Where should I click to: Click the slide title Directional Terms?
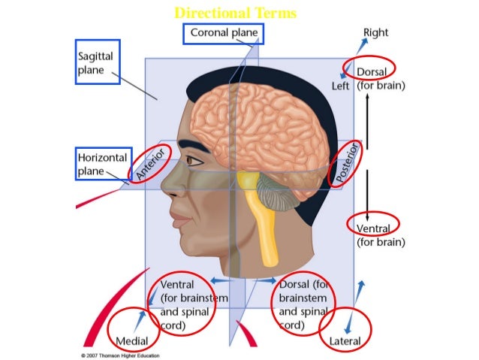tap(235, 14)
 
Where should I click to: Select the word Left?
tap(341, 86)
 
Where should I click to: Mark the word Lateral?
tap(346, 340)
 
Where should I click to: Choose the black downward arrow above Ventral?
tap(367, 192)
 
